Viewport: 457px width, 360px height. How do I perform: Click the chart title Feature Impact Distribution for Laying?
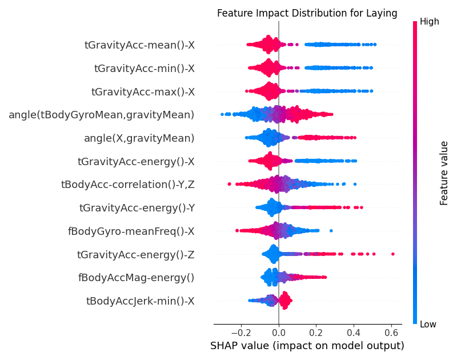(x=307, y=13)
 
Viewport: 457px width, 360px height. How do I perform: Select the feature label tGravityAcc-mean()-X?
(x=139, y=45)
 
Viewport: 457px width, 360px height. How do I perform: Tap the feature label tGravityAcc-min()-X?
(x=144, y=68)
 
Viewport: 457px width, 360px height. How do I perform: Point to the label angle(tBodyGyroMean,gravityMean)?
(x=101, y=115)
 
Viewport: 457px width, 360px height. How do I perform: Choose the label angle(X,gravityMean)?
(x=139, y=138)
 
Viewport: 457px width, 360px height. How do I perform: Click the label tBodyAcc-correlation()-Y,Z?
(x=127, y=184)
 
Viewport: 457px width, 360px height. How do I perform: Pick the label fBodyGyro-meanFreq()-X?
(x=131, y=231)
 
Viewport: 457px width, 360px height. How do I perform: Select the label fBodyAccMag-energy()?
(x=136, y=278)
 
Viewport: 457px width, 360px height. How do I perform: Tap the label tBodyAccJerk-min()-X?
(x=140, y=301)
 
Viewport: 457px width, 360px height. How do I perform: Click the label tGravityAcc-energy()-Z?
(x=135, y=254)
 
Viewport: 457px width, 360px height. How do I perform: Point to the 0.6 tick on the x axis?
(x=391, y=332)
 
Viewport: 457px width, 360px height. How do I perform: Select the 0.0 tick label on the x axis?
(x=279, y=332)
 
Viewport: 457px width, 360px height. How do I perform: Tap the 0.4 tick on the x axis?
(x=354, y=332)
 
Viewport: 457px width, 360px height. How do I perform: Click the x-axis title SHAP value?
(x=307, y=346)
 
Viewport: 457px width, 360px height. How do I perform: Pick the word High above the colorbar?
(x=429, y=21)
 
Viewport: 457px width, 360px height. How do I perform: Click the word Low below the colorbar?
(x=428, y=325)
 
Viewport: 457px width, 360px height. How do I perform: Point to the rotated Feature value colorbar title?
(x=444, y=173)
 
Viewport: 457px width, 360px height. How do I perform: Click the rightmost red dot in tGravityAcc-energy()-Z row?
(x=393, y=254)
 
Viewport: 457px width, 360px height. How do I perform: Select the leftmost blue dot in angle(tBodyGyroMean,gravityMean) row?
(x=222, y=115)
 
